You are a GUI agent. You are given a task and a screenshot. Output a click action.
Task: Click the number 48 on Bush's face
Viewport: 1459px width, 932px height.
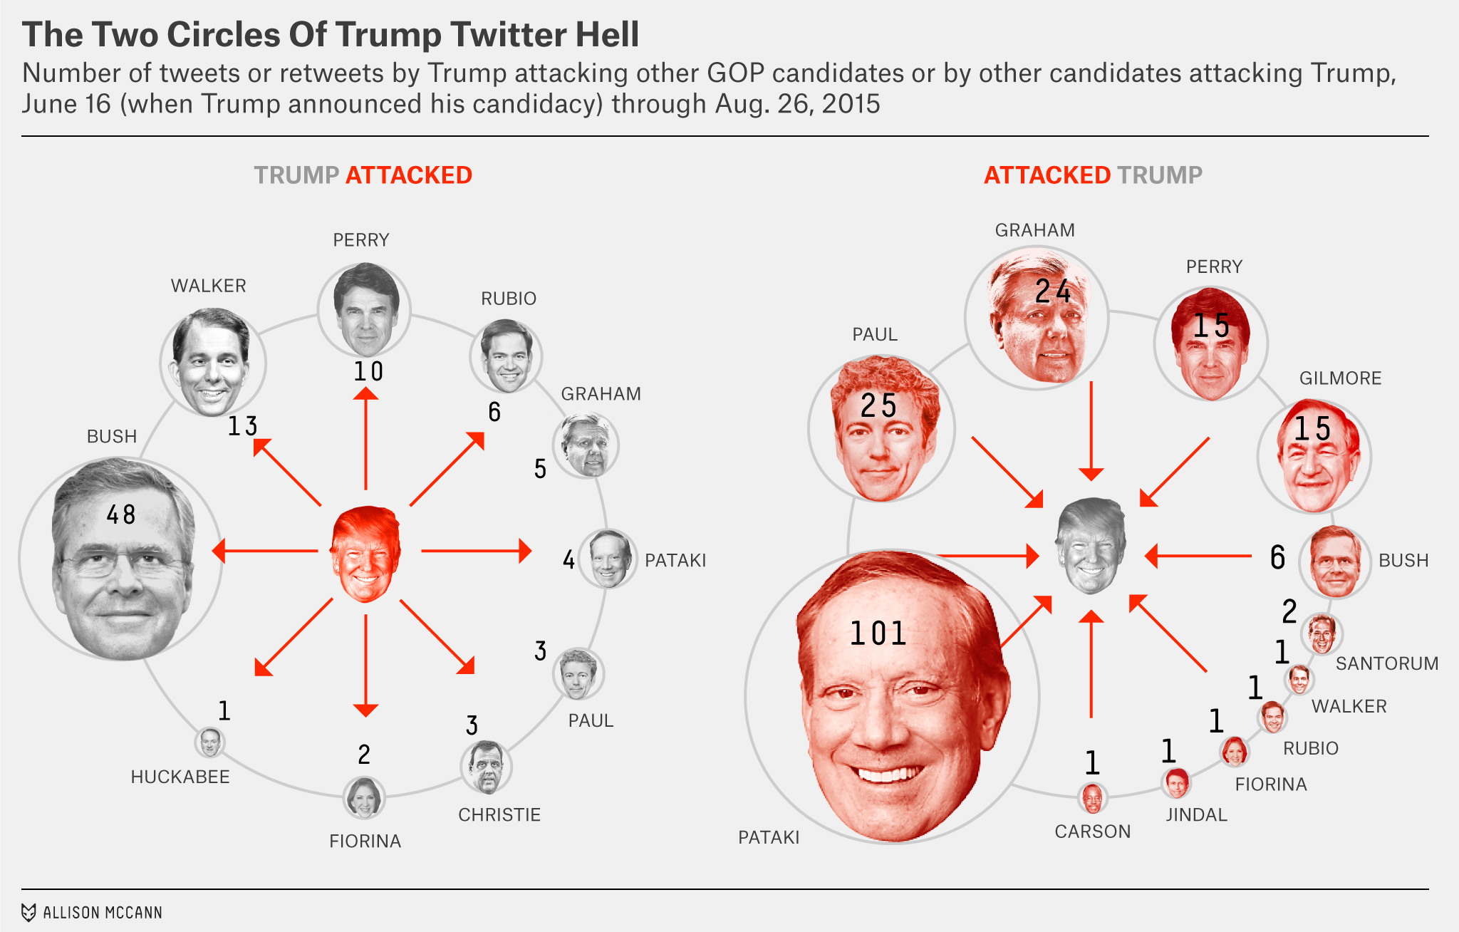pos(121,514)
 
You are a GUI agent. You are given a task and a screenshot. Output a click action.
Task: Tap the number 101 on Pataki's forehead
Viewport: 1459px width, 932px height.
pos(878,633)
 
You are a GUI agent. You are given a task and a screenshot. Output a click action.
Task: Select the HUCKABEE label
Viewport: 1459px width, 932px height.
pos(180,777)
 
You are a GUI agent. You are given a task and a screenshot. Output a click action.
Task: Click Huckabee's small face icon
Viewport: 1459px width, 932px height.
pos(209,742)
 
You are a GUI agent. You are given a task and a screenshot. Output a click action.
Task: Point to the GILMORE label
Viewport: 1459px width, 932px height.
pos(1340,378)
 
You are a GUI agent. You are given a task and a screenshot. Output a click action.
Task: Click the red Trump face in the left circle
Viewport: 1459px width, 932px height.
pos(365,553)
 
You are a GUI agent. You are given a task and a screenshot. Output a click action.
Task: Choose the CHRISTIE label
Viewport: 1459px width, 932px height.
pos(499,814)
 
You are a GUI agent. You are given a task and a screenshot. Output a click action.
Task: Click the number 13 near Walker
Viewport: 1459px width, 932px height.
pos(242,426)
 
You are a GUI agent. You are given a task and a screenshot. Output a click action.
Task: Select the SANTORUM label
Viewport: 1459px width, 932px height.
pos(1386,663)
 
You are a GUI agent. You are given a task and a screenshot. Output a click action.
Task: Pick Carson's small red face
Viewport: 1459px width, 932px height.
pos(1092,798)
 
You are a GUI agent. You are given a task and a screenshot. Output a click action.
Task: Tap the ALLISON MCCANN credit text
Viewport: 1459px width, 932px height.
pos(103,913)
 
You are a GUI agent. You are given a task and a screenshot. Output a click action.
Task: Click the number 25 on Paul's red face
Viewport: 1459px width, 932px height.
pos(878,406)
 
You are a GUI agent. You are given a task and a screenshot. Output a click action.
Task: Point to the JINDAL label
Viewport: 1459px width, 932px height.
pos(1196,814)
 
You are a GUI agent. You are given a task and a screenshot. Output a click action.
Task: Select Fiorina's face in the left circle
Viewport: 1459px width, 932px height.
pos(364,797)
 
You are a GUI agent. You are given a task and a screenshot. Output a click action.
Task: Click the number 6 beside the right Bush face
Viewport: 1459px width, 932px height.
pos(1278,557)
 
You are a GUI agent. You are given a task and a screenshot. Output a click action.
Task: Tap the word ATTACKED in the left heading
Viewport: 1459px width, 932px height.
pos(408,175)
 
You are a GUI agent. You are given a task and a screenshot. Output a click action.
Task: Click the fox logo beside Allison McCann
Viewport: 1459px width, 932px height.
pos(28,913)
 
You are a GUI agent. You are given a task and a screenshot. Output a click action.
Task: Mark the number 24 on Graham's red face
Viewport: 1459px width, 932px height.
pos(1053,291)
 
